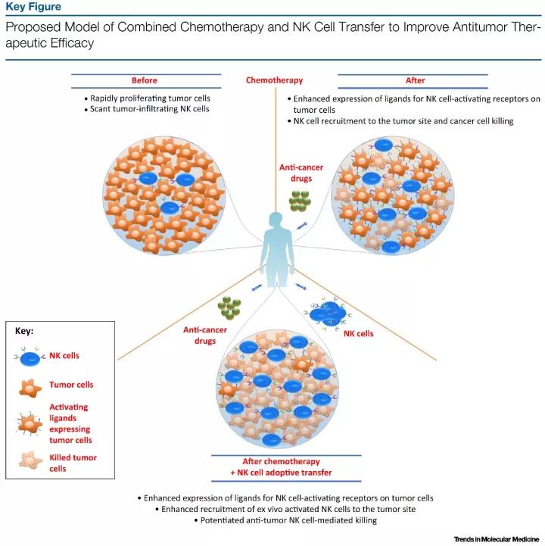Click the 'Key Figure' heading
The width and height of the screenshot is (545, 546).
click(x=33, y=8)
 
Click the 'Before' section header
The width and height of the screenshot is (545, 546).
click(x=146, y=80)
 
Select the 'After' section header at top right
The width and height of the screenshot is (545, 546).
click(x=415, y=80)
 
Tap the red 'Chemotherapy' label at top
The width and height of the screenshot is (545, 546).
click(x=274, y=80)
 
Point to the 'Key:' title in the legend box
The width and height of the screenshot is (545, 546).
click(x=25, y=331)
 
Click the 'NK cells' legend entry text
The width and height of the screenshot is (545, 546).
click(x=64, y=355)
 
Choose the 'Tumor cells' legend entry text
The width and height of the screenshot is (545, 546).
click(x=71, y=385)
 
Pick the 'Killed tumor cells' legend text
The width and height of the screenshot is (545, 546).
click(x=73, y=463)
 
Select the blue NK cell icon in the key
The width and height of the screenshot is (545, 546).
click(x=30, y=355)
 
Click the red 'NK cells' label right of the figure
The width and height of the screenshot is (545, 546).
click(x=360, y=333)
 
